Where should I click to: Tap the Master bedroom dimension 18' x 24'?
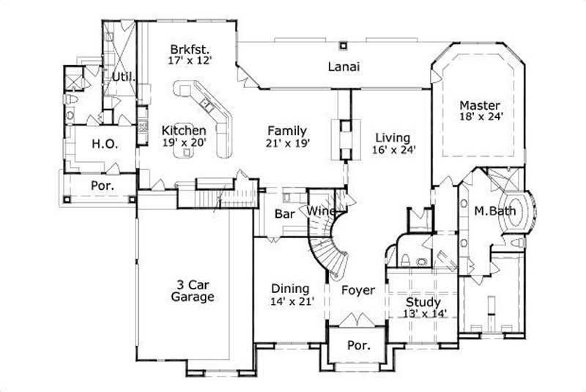[x=480, y=116]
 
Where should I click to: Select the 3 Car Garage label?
[x=193, y=291]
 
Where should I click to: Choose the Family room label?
[x=286, y=130]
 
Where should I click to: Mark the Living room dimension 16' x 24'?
[x=393, y=149]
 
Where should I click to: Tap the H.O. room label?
[x=100, y=145]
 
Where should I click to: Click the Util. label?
[x=122, y=76]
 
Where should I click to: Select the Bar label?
[x=283, y=215]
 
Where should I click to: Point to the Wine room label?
[x=322, y=212]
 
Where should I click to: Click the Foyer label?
[x=358, y=290]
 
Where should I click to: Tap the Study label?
[x=423, y=302]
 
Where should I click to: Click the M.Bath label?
[x=495, y=212]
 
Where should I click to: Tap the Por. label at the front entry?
[x=357, y=344]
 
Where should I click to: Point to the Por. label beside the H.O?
[x=102, y=186]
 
